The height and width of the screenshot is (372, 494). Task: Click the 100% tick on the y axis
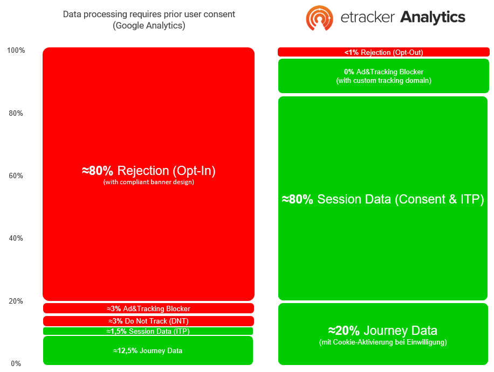16,50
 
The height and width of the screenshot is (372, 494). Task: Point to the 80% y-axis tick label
16,113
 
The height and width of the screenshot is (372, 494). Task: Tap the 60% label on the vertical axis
16,176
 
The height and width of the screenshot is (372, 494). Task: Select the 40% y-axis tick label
16,238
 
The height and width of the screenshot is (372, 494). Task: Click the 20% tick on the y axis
16,301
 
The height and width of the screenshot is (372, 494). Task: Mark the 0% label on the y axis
16,363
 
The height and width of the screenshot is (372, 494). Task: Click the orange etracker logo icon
319,18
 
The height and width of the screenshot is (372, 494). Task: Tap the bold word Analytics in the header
433,17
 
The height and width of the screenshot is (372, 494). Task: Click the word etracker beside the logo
367,17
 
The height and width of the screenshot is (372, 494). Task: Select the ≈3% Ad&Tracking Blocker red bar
148,308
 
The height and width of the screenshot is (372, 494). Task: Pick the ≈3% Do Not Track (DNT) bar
148,321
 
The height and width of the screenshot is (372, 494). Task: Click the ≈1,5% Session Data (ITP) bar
148,331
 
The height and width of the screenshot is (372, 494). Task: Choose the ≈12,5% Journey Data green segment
148,350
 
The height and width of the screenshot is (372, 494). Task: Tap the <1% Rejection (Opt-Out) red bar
383,52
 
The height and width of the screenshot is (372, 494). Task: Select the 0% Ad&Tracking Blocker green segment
383,76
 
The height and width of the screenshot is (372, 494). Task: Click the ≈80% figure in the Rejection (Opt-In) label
98,171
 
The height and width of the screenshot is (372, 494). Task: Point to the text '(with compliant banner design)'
149,182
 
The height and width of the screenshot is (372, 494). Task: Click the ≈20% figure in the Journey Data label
344,331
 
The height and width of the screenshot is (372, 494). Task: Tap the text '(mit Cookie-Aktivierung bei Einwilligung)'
383,342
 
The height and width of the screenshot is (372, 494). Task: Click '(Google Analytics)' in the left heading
149,25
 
